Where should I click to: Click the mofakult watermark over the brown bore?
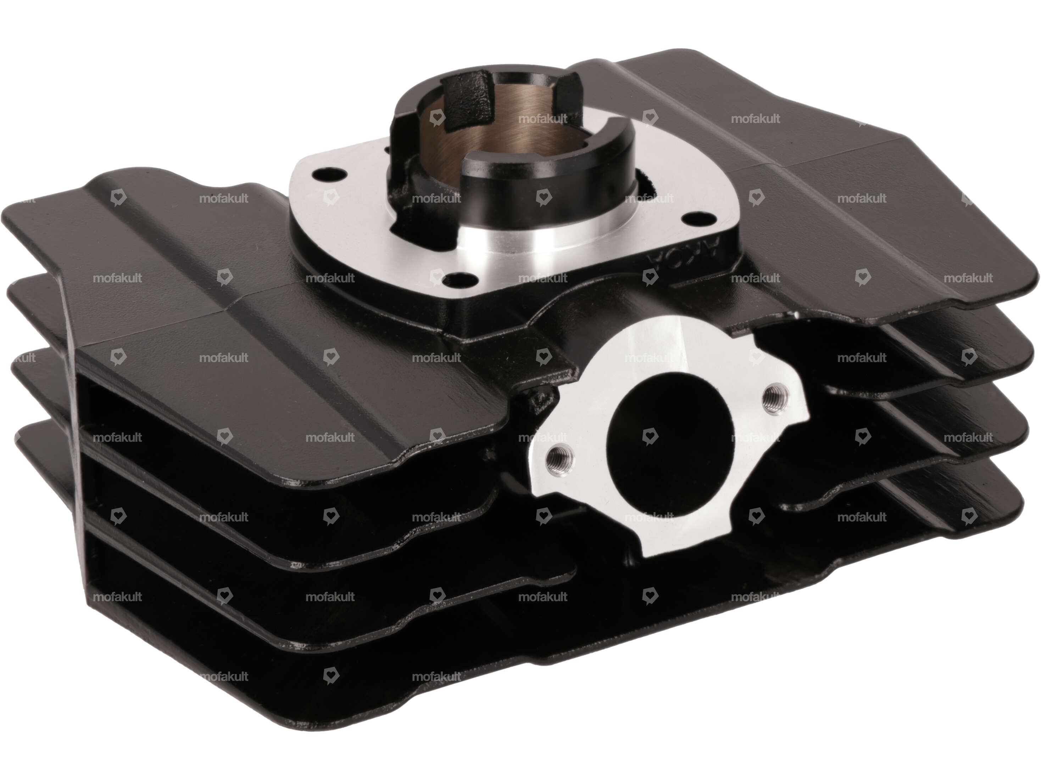click(542, 119)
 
